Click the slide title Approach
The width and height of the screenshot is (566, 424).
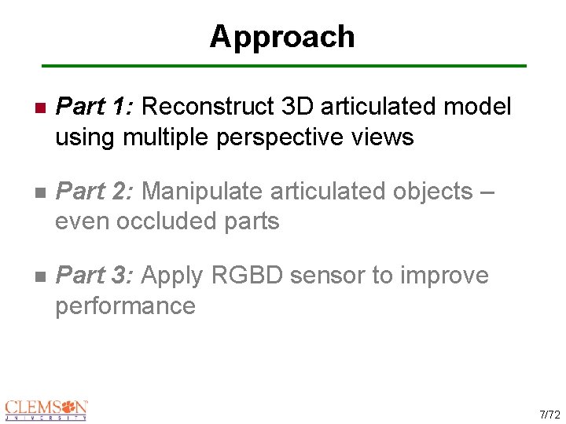point(281,37)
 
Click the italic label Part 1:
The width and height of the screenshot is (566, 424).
point(95,106)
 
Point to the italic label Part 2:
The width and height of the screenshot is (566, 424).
point(95,191)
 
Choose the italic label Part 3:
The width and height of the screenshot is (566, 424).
point(95,276)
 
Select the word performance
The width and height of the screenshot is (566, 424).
point(125,306)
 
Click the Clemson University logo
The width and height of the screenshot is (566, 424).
point(46,410)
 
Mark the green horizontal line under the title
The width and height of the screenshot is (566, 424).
point(283,66)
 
